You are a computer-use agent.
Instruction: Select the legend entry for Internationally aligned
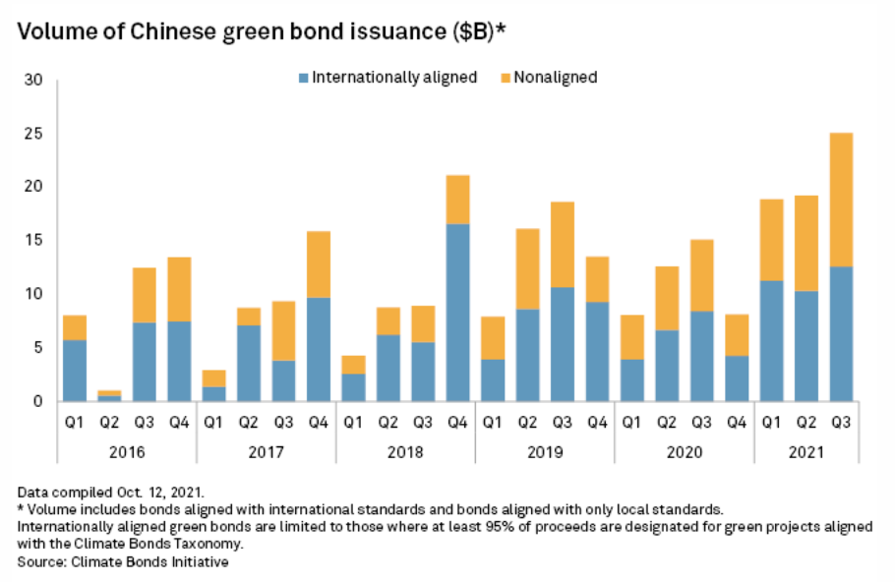387,77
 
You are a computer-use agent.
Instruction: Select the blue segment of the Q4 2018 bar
457,312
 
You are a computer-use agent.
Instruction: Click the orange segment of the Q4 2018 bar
457,200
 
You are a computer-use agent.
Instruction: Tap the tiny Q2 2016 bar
108,395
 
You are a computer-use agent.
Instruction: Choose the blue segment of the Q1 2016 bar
74,370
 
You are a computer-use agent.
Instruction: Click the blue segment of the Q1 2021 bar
771,340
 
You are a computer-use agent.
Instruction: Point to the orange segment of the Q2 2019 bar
527,269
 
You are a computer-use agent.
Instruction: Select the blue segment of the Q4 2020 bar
737,378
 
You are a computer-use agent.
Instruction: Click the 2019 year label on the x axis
545,454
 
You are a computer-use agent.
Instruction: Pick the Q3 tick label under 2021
841,424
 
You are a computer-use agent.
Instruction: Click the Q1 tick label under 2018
353,424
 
